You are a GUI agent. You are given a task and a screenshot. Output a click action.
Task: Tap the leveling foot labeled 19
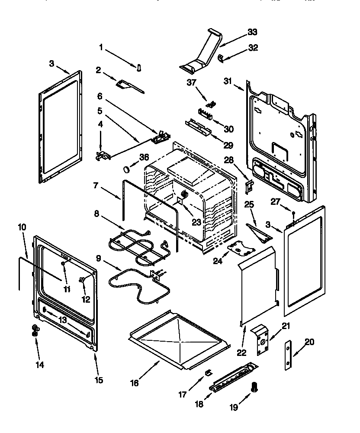pos(254,387)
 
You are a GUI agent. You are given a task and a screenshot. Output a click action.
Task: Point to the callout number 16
pos(135,384)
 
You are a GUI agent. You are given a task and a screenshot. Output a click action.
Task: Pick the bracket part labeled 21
pos(262,340)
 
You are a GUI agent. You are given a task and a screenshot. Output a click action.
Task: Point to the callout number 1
pos(102,48)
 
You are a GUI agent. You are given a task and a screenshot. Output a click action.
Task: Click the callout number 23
pos(197,222)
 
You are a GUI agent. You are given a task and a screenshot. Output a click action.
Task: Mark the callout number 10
pos(22,226)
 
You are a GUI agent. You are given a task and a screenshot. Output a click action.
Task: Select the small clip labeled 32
pos(220,57)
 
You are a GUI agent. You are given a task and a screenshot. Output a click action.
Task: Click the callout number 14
pos(39,365)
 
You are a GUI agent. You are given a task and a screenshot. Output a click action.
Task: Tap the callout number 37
pos(191,82)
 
